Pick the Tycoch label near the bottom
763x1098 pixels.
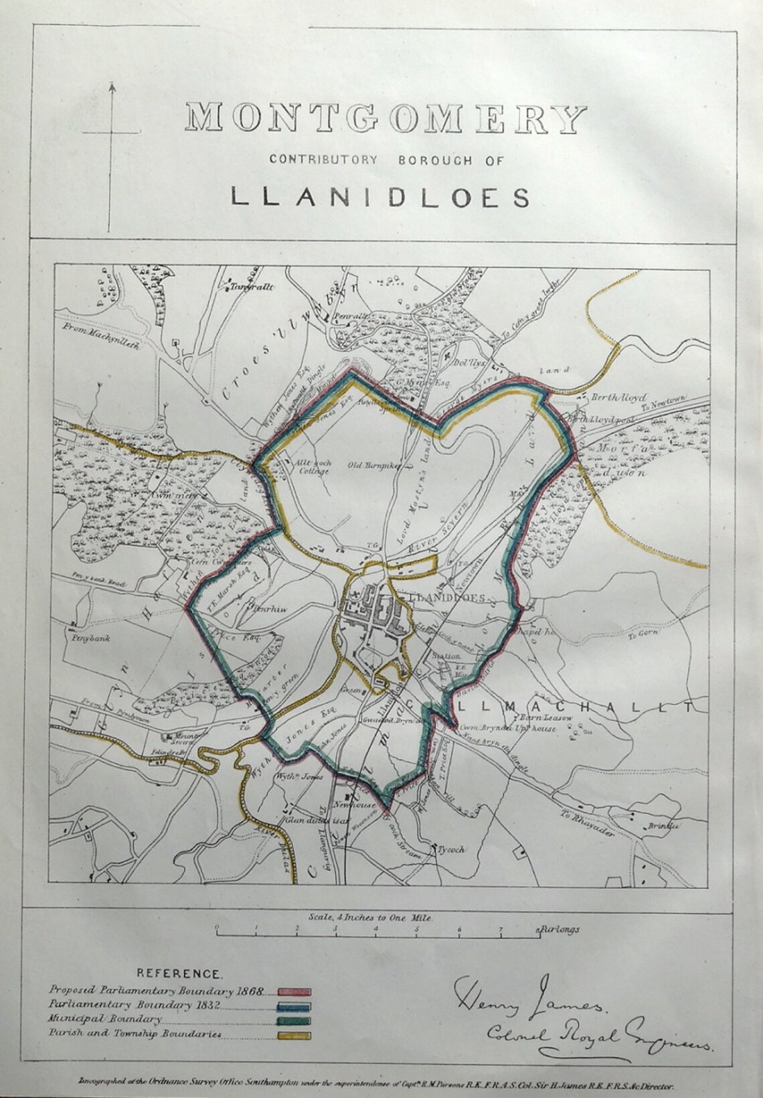[450, 849]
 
